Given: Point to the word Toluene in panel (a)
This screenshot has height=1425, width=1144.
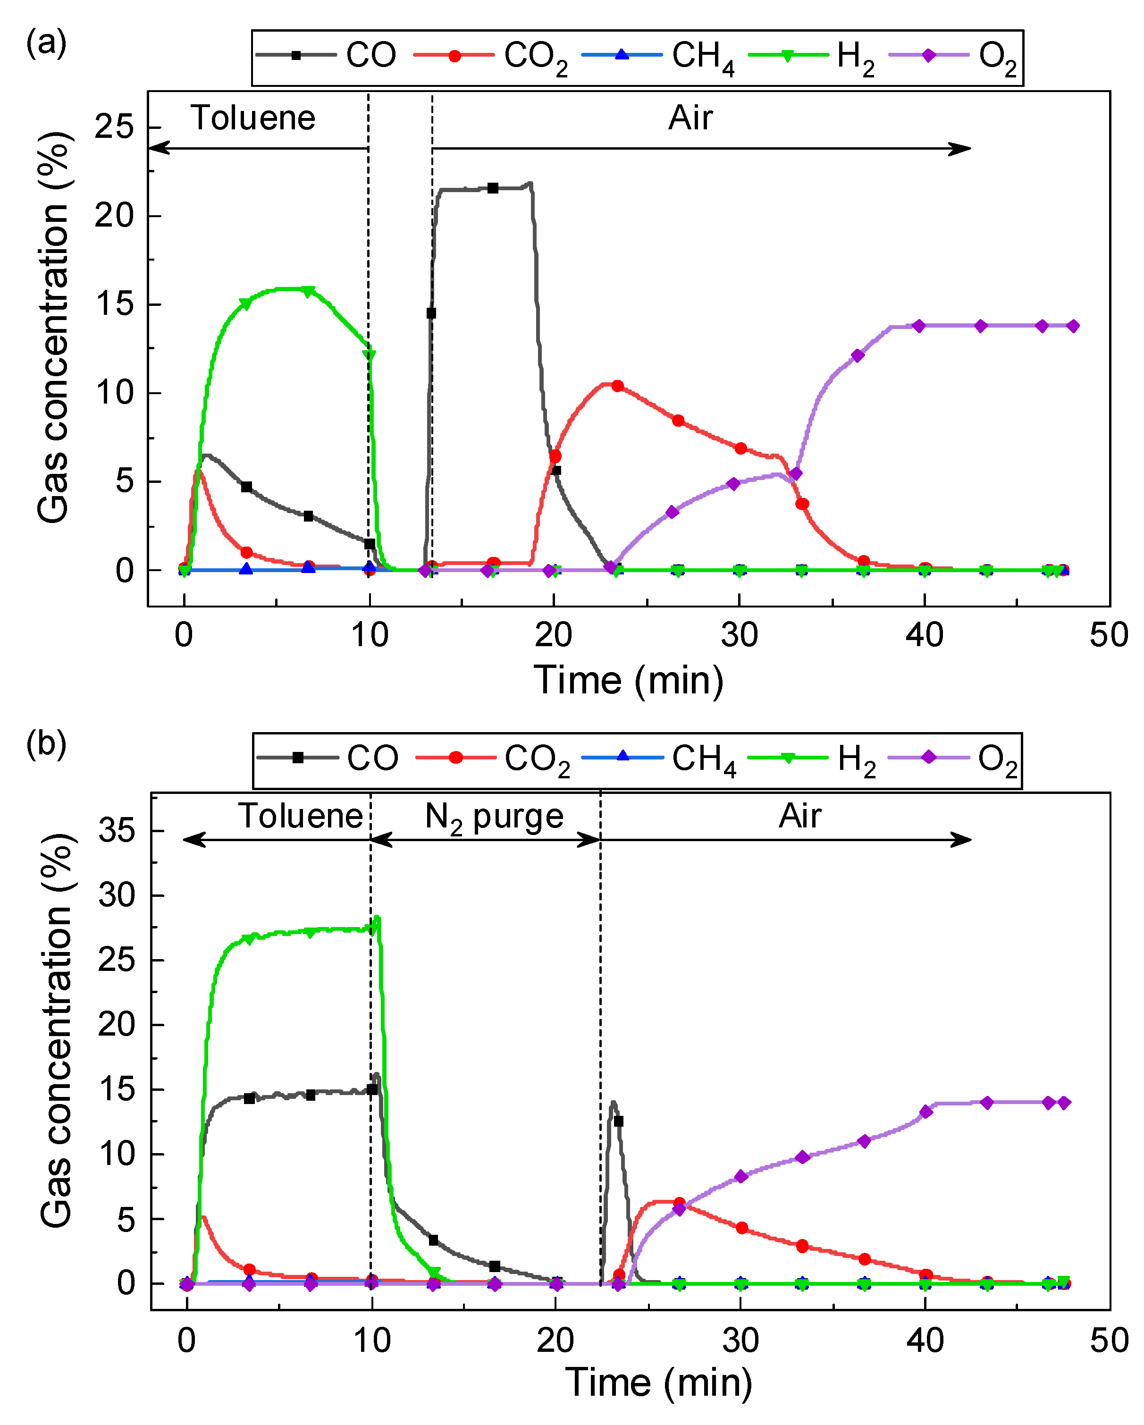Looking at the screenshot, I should pos(253,118).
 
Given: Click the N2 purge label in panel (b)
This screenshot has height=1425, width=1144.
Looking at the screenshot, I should pos(494,817).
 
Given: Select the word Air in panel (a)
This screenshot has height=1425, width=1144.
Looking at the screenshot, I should pos(690,118).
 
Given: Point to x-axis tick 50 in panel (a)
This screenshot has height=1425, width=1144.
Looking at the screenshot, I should pos(1108,636).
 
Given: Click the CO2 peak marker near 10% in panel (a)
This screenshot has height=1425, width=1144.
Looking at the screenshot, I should pos(617,386).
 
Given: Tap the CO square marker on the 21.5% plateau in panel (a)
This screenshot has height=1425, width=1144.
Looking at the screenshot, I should pos(493,188).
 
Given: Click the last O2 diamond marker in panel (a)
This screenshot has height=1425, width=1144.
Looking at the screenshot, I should pos(1073,326).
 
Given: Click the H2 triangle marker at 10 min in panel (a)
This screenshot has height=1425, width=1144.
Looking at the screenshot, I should pos(370,355).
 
